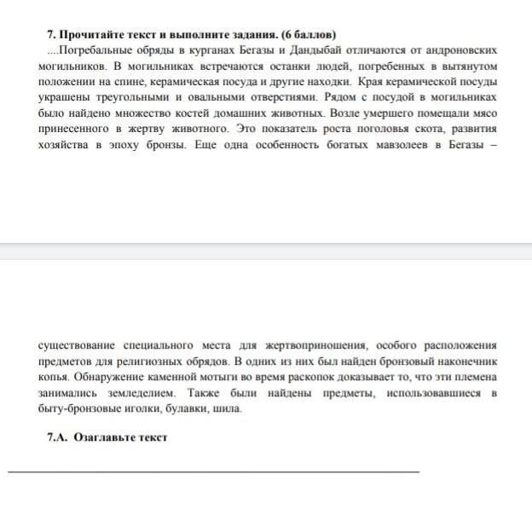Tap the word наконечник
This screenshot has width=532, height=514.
[461, 361]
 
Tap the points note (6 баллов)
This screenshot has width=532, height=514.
[301, 34]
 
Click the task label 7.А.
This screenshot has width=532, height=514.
[58, 437]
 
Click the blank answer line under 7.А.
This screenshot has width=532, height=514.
[213, 471]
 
